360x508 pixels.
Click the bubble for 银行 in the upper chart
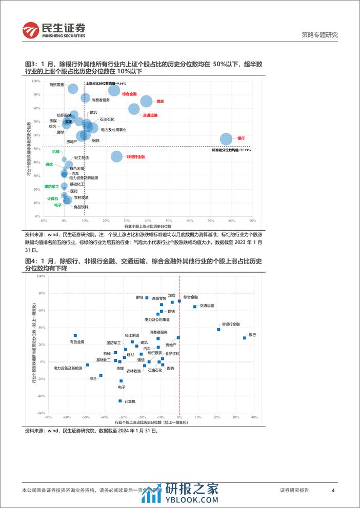click(226, 139)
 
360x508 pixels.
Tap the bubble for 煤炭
click(146, 101)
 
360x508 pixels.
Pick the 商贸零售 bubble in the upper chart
click(73, 89)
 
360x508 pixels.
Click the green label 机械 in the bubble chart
click(55, 152)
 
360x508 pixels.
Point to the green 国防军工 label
click(52, 187)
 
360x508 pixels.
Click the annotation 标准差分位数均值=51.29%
click(231, 150)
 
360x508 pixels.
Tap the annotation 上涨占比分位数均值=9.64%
click(106, 83)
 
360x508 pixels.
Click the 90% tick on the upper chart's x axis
click(253, 221)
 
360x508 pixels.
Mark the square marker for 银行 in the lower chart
click(245, 338)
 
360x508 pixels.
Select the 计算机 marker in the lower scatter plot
click(120, 401)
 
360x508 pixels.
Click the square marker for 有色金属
click(75, 335)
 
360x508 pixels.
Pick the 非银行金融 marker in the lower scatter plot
click(218, 330)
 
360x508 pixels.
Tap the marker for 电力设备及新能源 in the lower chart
click(87, 365)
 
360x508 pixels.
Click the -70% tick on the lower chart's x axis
click(47, 418)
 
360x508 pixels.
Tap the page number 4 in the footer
click(333, 490)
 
